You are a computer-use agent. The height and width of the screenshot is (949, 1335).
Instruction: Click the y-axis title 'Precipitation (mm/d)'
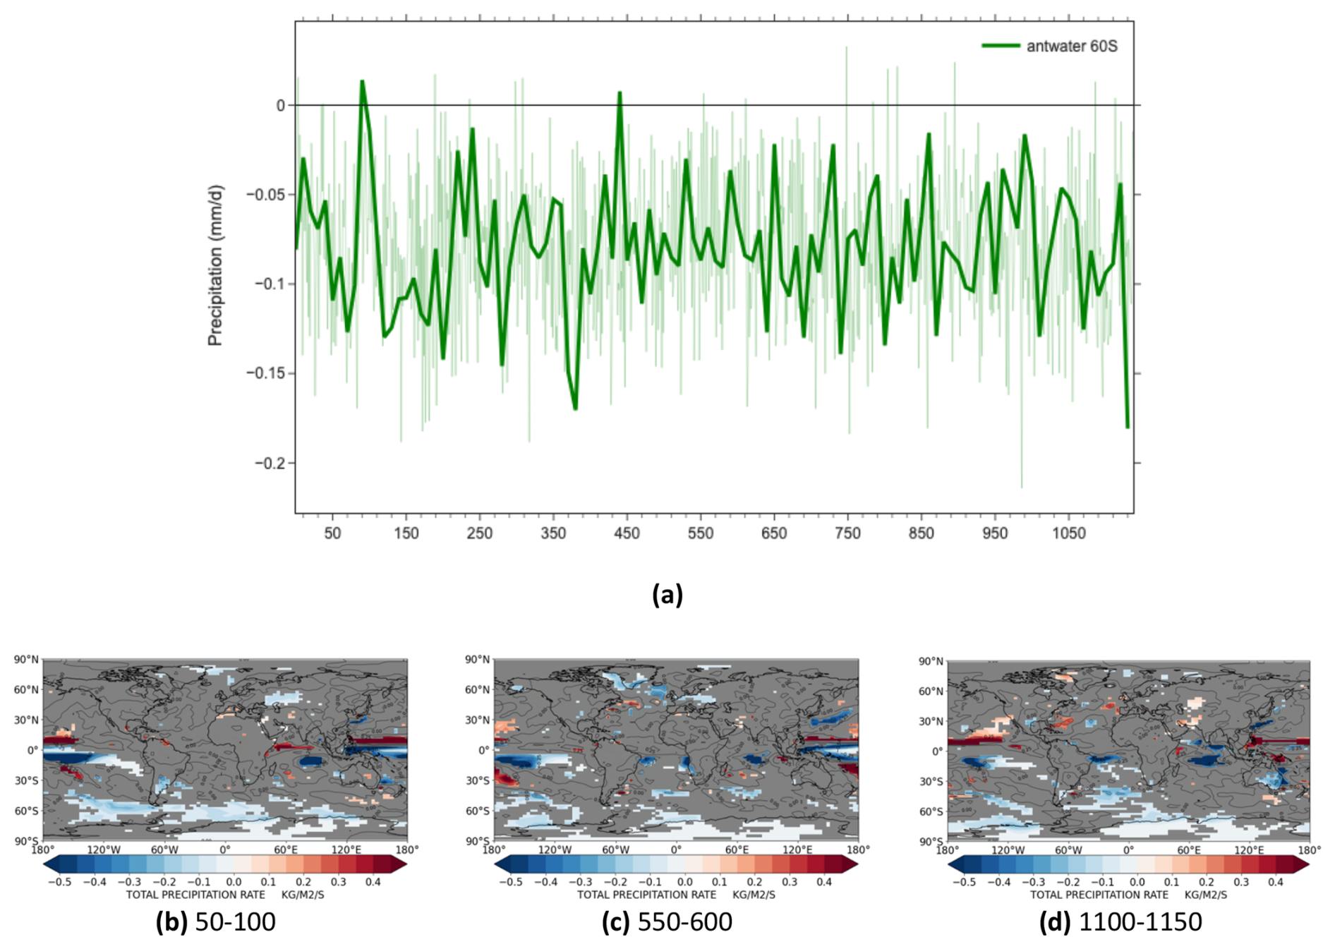[215, 265]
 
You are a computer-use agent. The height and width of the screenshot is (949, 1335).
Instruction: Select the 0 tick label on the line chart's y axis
[280, 105]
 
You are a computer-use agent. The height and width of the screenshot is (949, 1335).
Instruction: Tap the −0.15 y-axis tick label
[267, 373]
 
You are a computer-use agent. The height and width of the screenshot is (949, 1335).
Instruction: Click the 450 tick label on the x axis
[627, 533]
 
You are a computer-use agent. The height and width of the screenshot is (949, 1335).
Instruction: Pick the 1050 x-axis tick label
[1068, 533]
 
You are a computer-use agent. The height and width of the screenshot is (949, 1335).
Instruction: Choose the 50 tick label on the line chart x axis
[332, 533]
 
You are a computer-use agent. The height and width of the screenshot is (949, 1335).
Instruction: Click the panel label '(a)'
[667, 594]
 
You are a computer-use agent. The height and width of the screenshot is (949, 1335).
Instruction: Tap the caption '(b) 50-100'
[215, 921]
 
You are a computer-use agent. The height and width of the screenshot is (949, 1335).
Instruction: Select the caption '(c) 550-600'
[667, 921]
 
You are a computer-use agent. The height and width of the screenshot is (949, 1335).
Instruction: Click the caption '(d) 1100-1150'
[1120, 921]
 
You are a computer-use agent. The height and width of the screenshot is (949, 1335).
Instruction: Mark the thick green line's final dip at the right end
[1128, 427]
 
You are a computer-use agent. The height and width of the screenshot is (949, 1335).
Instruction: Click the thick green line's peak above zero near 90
[362, 82]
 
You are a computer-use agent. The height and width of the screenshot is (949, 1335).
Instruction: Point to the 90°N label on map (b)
[26, 660]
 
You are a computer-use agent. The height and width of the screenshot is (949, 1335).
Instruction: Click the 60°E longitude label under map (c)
[737, 850]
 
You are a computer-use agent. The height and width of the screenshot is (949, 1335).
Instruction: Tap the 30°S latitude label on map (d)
[931, 782]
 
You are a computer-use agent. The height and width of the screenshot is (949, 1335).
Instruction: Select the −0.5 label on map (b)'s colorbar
[59, 882]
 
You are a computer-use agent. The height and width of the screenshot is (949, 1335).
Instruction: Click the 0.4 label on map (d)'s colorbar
[1275, 882]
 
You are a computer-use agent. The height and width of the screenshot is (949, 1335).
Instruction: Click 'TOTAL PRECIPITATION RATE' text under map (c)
[646, 895]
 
